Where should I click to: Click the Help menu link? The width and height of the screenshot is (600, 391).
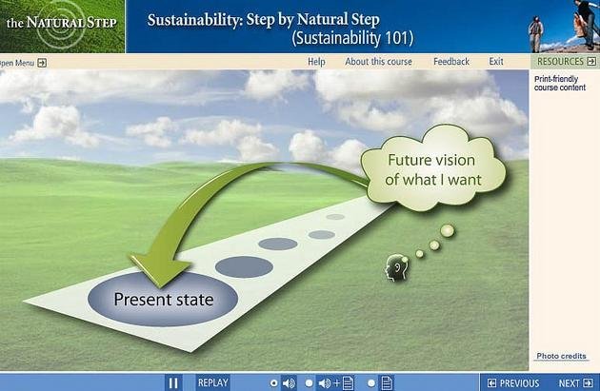click(x=316, y=62)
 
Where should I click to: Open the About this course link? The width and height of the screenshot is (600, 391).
click(x=378, y=62)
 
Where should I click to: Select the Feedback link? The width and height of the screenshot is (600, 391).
click(x=451, y=62)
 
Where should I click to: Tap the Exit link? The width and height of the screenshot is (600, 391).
click(x=496, y=62)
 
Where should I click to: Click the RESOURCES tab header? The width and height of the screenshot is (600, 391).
click(x=565, y=62)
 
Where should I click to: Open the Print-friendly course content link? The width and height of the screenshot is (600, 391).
click(x=560, y=84)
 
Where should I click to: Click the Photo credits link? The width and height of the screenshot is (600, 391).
click(x=561, y=356)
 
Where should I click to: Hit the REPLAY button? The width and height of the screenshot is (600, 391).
click(x=212, y=382)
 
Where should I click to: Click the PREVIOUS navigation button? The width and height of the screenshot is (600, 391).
click(x=513, y=383)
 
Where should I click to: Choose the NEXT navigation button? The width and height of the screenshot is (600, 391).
click(x=575, y=383)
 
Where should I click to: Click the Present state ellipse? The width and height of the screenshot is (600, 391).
click(x=163, y=299)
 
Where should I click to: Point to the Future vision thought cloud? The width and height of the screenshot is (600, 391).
click(x=433, y=168)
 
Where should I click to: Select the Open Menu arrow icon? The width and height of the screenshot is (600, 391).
click(x=42, y=63)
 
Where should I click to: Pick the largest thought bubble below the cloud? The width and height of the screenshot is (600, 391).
click(x=448, y=231)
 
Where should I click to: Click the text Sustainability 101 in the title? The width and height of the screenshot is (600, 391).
click(x=352, y=38)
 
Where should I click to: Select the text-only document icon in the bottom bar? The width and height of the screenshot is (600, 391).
click(x=387, y=382)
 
